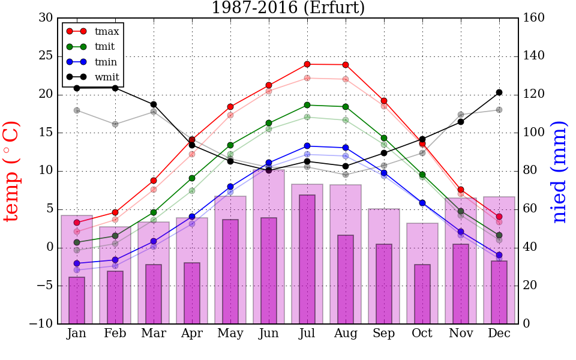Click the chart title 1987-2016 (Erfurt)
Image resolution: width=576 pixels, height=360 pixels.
(287, 8)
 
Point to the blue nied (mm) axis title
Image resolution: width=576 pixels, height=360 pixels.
(559, 171)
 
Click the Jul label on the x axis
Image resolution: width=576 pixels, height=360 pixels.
(307, 334)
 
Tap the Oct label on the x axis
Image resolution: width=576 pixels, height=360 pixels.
(422, 334)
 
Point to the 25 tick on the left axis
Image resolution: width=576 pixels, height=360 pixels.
(46, 56)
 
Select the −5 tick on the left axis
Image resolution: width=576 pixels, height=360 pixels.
(43, 286)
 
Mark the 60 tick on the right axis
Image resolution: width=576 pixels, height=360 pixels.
(530, 209)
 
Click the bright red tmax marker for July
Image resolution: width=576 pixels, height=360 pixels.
(307, 64)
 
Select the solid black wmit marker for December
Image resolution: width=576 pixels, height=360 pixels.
(499, 92)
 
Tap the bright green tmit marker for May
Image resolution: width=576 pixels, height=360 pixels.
(230, 145)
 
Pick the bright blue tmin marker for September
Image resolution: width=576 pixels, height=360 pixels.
(384, 173)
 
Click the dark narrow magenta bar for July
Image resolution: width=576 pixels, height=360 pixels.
(307, 259)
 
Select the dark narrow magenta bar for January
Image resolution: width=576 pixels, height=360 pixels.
(77, 300)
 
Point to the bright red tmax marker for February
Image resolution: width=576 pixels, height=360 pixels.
(115, 212)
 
